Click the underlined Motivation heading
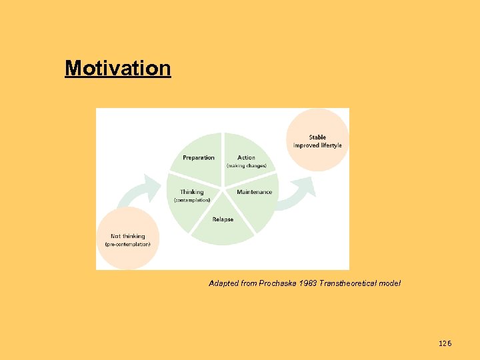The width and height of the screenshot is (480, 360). point(118,68)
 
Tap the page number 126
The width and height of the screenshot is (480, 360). point(445,343)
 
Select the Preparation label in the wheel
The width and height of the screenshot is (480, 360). point(199,157)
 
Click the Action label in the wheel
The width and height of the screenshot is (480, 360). point(246,157)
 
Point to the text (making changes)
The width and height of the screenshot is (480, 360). point(246,166)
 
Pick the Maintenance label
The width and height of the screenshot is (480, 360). point(254,192)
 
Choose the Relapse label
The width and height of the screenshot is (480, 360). point(223,219)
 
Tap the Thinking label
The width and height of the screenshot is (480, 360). point(192,192)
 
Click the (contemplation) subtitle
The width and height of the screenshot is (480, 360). point(192,200)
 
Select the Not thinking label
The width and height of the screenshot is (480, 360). point(128,236)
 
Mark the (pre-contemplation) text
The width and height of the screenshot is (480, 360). point(128,244)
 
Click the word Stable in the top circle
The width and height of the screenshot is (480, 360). point(317,137)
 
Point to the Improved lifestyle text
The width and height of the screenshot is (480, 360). point(317,145)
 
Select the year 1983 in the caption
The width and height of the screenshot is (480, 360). point(308,283)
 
